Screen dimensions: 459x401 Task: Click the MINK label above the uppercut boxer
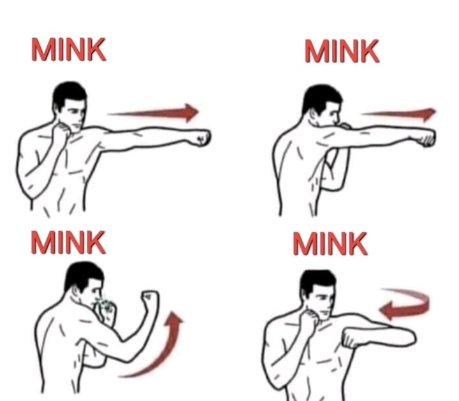[x=68, y=243]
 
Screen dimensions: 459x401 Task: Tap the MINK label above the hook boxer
[x=330, y=243]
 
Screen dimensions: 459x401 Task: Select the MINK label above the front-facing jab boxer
[x=68, y=49]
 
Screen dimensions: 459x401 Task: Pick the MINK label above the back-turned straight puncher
[x=342, y=51]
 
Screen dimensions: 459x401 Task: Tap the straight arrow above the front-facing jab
[x=154, y=113]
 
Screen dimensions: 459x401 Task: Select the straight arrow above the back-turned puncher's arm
[x=398, y=113]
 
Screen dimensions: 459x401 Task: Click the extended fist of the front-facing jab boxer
[x=201, y=138]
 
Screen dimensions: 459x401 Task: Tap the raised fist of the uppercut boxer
[x=150, y=299]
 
